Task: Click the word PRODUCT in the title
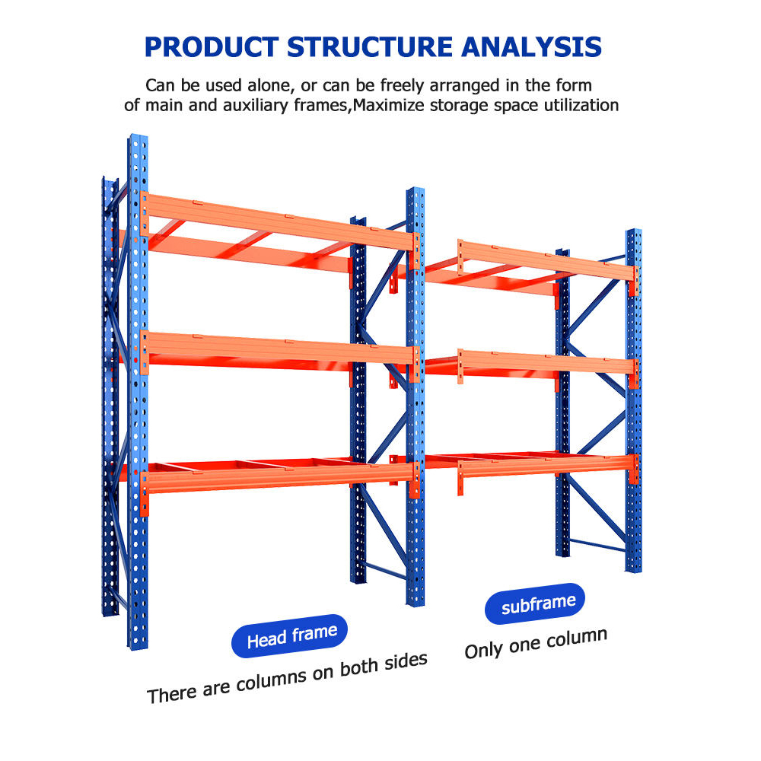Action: (212, 47)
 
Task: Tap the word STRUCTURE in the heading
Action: (370, 47)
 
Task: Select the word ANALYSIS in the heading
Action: (531, 47)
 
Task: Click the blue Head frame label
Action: (290, 635)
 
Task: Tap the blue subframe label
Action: (535, 603)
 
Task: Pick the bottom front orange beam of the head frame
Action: (279, 479)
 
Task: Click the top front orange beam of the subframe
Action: (547, 260)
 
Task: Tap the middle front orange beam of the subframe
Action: (547, 362)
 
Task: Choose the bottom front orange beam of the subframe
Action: (547, 466)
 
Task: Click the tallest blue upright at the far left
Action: (138, 392)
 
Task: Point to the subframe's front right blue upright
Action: (633, 401)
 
